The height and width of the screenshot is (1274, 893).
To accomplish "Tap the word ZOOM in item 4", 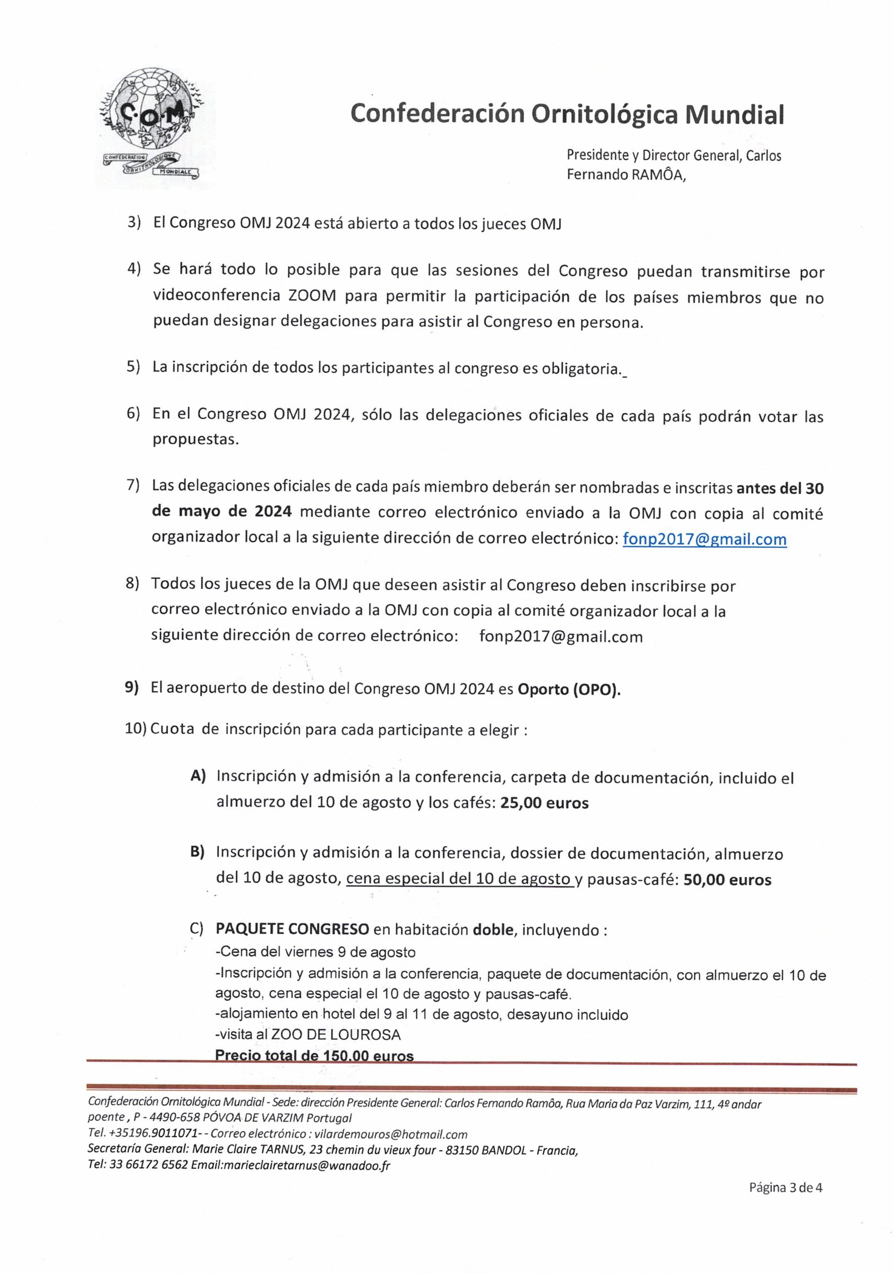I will pyautogui.click(x=312, y=295).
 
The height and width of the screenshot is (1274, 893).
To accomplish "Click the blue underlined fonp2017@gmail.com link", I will pyautogui.click(x=704, y=539).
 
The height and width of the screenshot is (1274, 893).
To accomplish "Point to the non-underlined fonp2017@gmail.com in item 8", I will pyautogui.click(x=560, y=636).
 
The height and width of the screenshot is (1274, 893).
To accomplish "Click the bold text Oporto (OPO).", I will pyautogui.click(x=569, y=689).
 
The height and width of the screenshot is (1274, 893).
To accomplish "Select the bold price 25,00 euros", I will pyautogui.click(x=544, y=803).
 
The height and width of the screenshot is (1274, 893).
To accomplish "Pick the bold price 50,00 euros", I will pyautogui.click(x=727, y=880).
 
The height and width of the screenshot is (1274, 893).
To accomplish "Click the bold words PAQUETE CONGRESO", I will pyautogui.click(x=292, y=929).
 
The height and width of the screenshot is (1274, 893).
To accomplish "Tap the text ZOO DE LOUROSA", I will pyautogui.click(x=335, y=1034).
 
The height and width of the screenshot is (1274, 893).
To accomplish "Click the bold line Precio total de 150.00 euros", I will pyautogui.click(x=314, y=1055).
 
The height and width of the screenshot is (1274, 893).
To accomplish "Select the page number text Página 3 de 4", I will pyautogui.click(x=785, y=1188).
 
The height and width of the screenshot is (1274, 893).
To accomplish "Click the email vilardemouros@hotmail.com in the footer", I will pyautogui.click(x=390, y=1134).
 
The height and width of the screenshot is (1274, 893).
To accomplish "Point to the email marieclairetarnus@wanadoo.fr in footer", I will pyautogui.click(x=306, y=1166).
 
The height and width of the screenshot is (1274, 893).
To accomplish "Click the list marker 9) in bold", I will pyautogui.click(x=131, y=688).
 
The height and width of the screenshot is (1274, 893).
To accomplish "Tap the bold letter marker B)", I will pyautogui.click(x=197, y=852).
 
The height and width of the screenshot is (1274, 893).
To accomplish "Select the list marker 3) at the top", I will pyautogui.click(x=134, y=223).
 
